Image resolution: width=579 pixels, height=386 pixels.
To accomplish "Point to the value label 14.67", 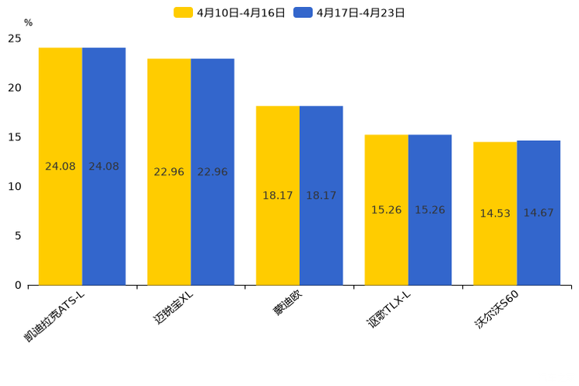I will [539, 213].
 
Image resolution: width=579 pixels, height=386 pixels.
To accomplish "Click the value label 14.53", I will [495, 213].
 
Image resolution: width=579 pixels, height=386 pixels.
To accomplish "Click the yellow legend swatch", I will [184, 12].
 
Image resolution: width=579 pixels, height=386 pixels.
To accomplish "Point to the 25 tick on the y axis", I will [15, 38].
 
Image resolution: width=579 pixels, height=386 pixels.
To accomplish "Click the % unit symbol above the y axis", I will [28, 23].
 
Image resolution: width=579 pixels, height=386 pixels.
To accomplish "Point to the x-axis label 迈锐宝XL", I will [173, 310].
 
